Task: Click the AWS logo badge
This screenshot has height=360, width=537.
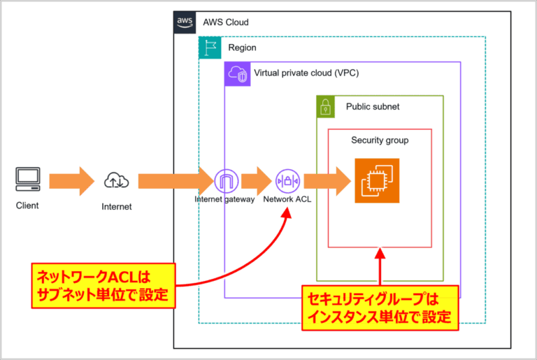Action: [185, 22]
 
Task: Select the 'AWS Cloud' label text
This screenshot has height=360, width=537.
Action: [225, 22]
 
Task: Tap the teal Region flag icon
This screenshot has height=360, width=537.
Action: [210, 48]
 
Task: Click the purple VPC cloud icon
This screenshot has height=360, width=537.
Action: [236, 73]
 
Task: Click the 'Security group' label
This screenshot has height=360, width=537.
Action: [380, 141]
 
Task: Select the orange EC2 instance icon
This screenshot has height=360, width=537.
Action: [377, 181]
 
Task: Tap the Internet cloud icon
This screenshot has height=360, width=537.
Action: [115, 181]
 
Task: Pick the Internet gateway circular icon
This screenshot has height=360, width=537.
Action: [227, 181]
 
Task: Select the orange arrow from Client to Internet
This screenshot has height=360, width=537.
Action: [70, 181]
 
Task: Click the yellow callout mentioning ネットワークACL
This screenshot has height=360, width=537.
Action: [103, 286]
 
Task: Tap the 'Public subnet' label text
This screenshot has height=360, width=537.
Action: [373, 107]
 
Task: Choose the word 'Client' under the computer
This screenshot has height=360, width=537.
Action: [27, 206]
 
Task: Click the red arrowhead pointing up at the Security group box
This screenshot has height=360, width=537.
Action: [380, 253]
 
